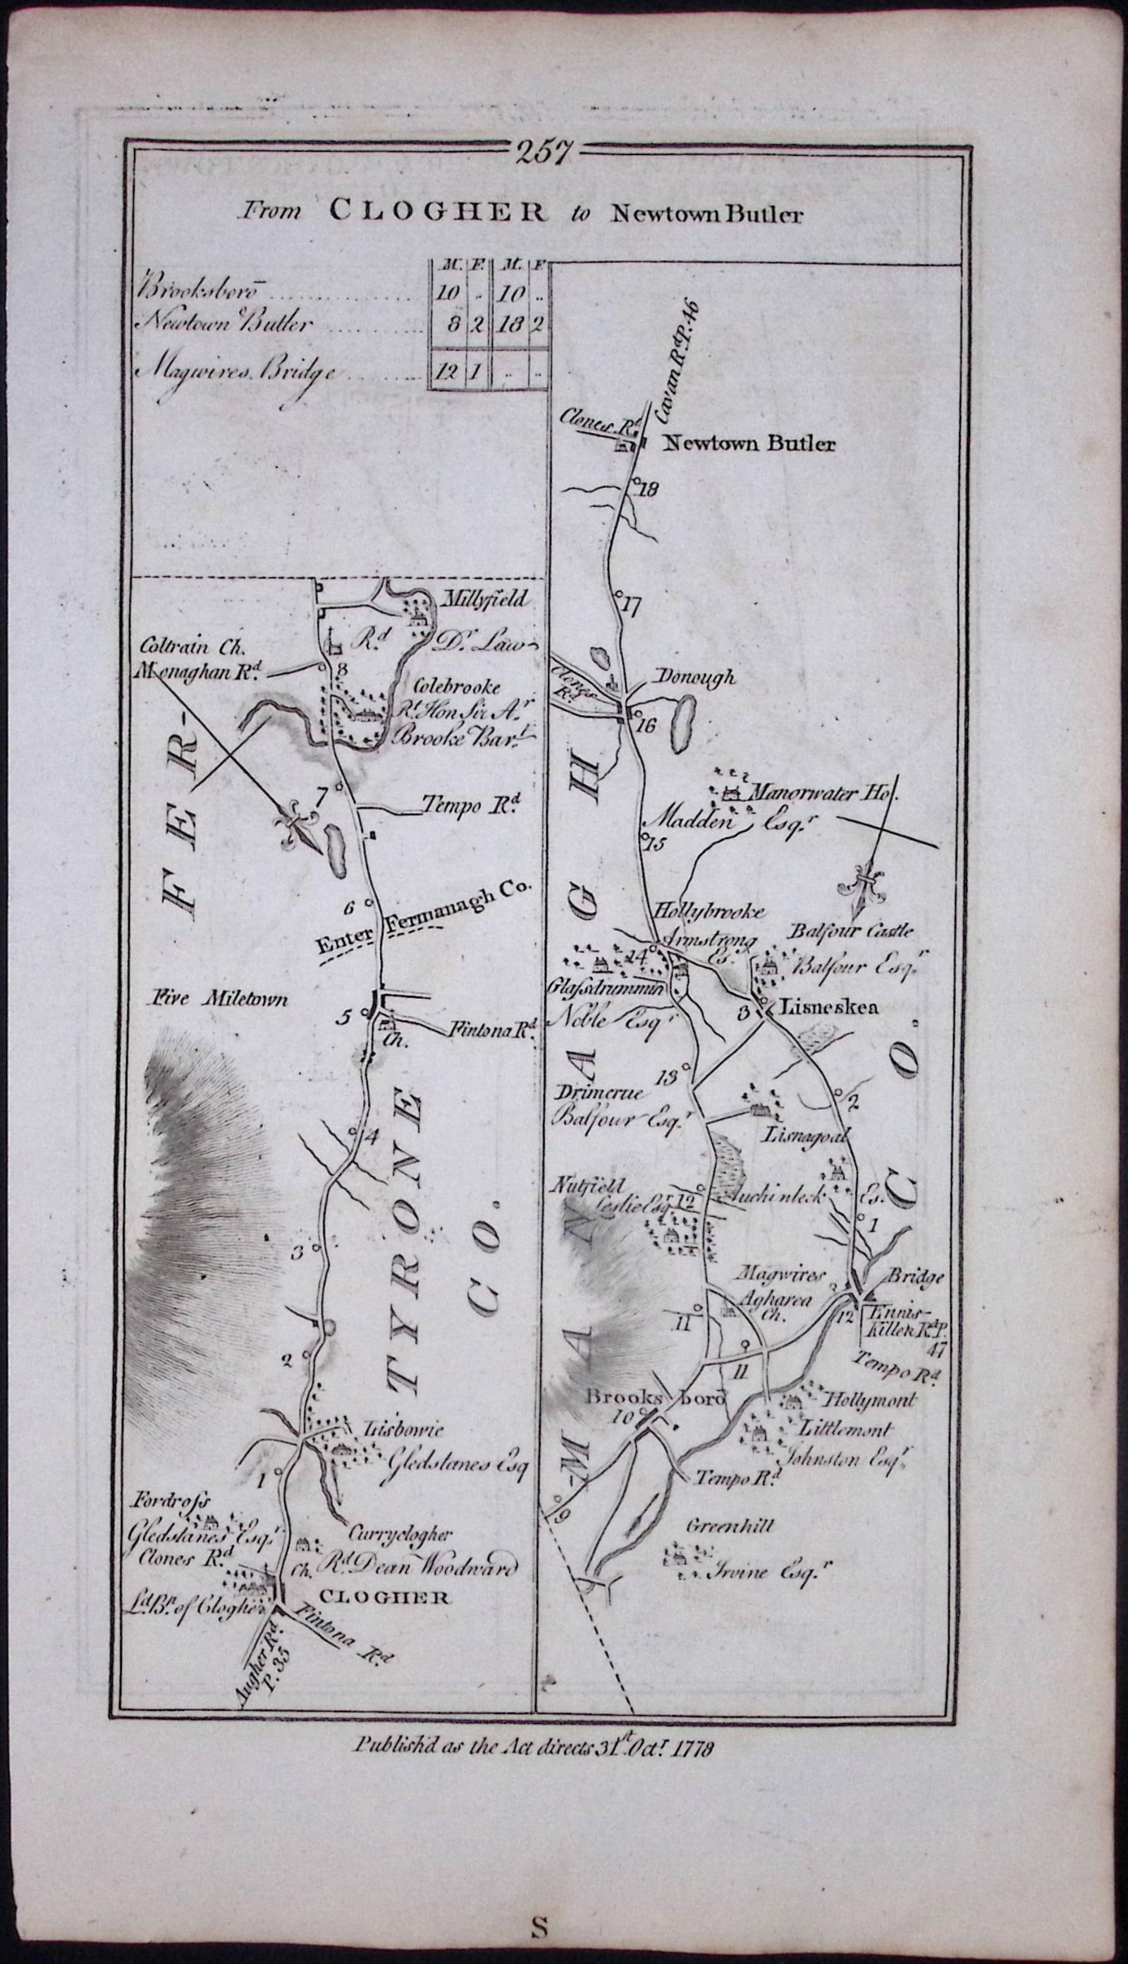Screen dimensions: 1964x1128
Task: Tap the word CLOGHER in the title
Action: click(436, 211)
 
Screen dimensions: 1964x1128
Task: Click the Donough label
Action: click(695, 677)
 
